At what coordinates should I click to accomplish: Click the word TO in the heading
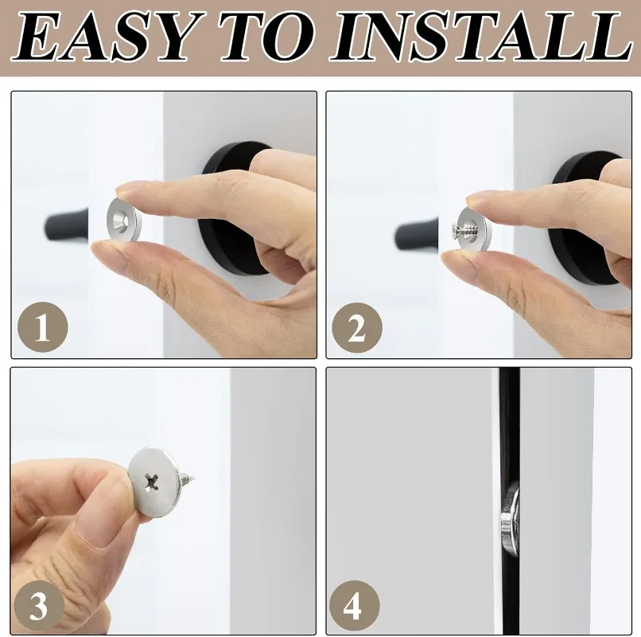(x=270, y=37)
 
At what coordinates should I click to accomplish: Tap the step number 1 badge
(x=43, y=327)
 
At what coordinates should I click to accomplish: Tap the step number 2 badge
(x=357, y=328)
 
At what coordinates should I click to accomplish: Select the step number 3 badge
(x=39, y=605)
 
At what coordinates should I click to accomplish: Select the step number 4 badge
(x=354, y=606)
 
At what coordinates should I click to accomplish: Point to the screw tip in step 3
(x=193, y=477)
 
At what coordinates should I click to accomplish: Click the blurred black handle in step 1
(x=65, y=224)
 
